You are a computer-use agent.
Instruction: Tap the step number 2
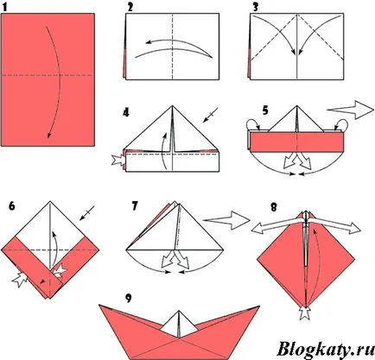point(130,7)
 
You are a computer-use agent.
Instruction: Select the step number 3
point(255,7)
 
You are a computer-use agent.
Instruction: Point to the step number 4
point(126,112)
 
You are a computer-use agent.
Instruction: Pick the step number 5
point(266,111)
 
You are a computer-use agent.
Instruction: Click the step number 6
point(12,206)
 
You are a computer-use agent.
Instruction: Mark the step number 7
point(135,206)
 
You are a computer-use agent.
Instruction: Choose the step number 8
point(274,207)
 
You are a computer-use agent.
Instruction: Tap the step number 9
point(128,299)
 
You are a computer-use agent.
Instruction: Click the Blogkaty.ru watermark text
point(325,349)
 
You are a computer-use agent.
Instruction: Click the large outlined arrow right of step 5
point(350,110)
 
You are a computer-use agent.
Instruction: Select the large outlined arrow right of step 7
point(226,220)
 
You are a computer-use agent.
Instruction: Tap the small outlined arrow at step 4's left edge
point(118,161)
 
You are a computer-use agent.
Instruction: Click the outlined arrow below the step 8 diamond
point(304,313)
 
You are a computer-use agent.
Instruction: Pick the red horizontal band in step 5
point(296,142)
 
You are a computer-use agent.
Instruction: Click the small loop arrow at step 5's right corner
point(342,124)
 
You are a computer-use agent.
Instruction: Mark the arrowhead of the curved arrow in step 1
point(49,135)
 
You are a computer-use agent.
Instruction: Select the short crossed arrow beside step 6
point(87,213)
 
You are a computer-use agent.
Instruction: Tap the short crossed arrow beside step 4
point(211,115)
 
